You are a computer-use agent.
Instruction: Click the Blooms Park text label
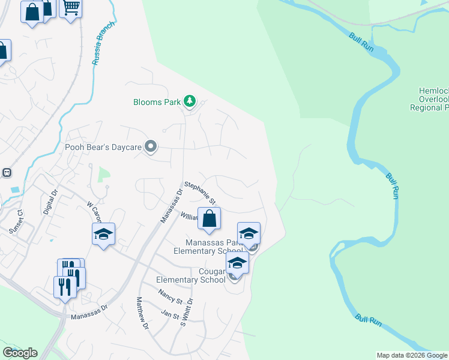[x=157, y=102]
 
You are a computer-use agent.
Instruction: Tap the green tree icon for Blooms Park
[x=190, y=101]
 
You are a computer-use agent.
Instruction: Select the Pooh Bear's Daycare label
[x=103, y=147]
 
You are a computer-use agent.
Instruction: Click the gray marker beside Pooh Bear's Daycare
[x=151, y=146]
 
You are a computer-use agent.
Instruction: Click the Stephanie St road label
[x=200, y=193]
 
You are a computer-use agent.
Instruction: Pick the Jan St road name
[x=170, y=314]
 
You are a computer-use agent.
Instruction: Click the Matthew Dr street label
[x=142, y=314]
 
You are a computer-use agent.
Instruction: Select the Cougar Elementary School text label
[x=191, y=275]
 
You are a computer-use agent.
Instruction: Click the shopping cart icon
[x=71, y=8]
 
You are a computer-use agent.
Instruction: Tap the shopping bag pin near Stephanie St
[x=209, y=220]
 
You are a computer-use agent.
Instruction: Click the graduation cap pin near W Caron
[x=103, y=234]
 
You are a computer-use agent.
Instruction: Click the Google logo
[x=20, y=353]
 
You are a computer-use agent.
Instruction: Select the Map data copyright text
[x=412, y=355]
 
